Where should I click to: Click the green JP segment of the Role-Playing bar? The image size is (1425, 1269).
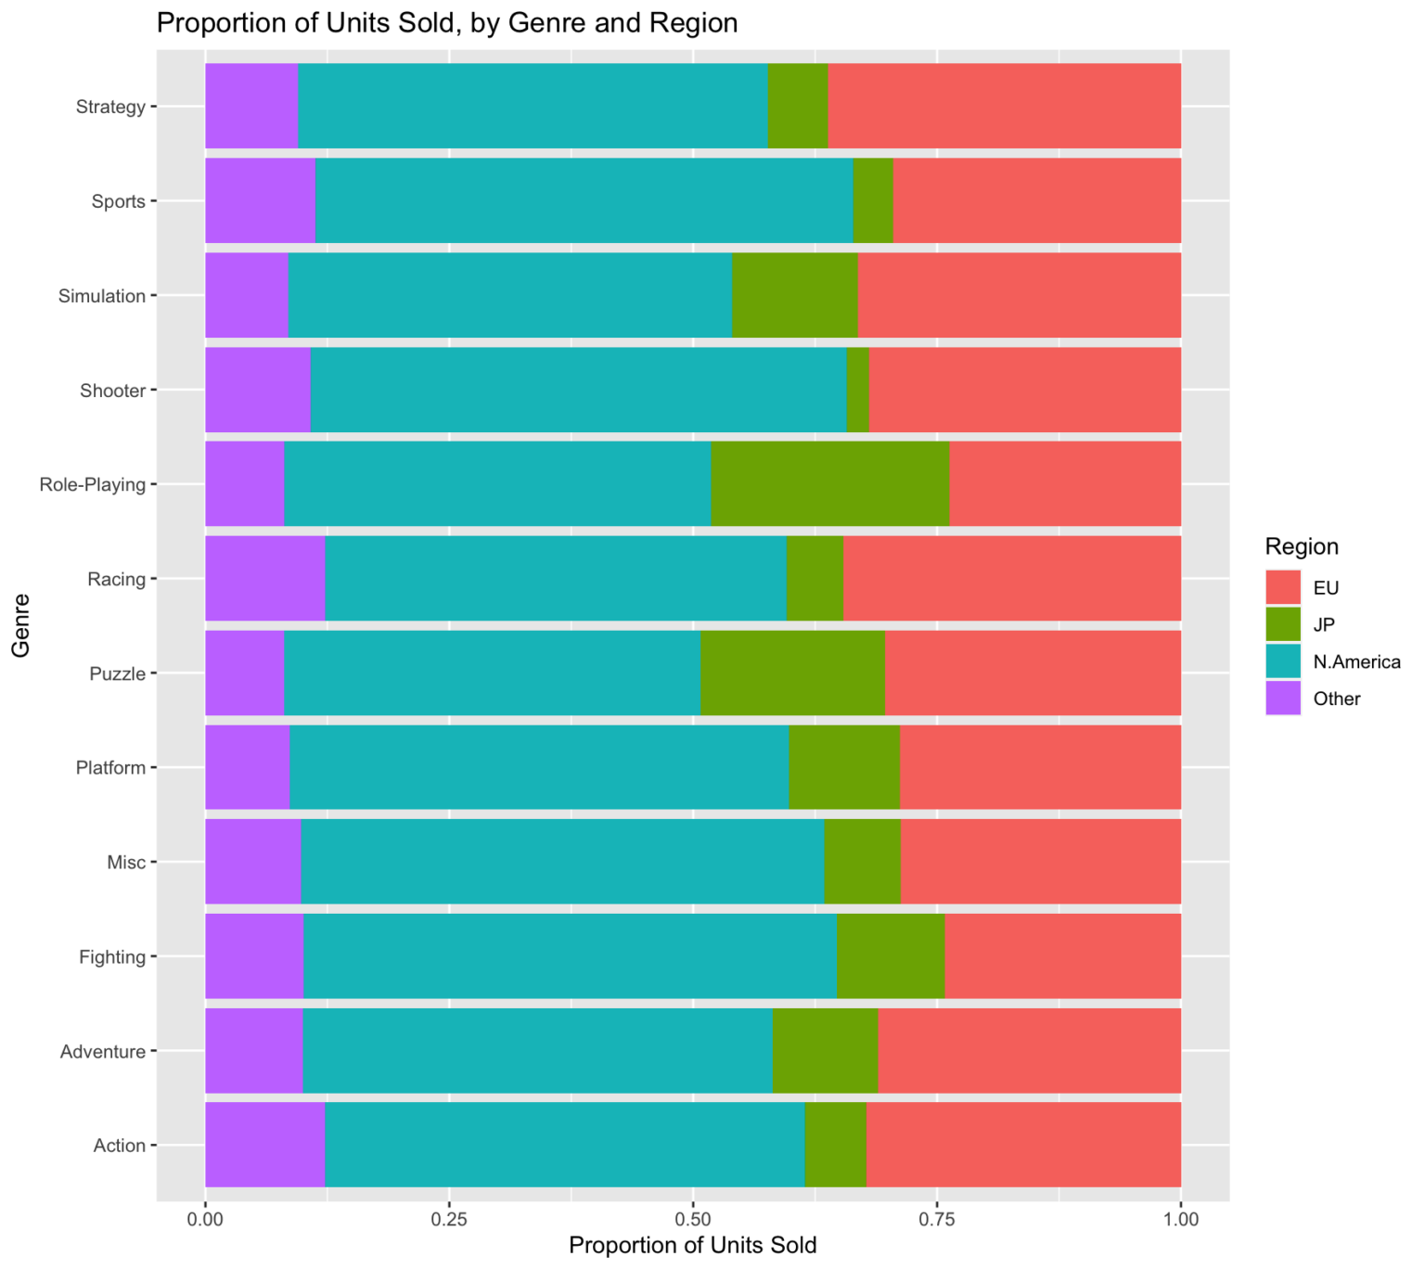click(829, 484)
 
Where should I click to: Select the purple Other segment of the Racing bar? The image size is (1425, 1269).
click(264, 579)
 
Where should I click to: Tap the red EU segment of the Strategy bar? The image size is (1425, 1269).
click(1004, 106)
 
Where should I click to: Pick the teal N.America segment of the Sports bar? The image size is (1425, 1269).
click(584, 200)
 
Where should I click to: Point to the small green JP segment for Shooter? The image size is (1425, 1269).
click(857, 390)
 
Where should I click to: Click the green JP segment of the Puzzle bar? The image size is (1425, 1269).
click(792, 673)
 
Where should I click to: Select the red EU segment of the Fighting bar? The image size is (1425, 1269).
click(1062, 956)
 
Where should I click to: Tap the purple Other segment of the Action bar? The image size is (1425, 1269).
click(264, 1145)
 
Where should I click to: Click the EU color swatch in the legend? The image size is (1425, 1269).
click(1284, 588)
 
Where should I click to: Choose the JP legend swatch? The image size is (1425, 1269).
click(1284, 625)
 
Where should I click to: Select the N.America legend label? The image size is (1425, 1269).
click(1356, 662)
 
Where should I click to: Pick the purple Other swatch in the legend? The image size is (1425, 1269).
click(1284, 699)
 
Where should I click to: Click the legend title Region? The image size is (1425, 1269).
click(1302, 546)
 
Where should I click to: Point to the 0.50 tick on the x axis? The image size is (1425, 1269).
click(693, 1217)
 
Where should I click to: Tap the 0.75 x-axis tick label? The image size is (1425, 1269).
click(937, 1217)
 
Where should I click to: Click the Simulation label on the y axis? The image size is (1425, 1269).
click(101, 297)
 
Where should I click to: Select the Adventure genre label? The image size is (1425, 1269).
click(102, 1052)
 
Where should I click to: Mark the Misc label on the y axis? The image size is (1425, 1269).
click(126, 863)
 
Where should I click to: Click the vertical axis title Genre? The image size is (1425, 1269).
click(21, 625)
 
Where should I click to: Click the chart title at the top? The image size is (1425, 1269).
click(447, 22)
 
